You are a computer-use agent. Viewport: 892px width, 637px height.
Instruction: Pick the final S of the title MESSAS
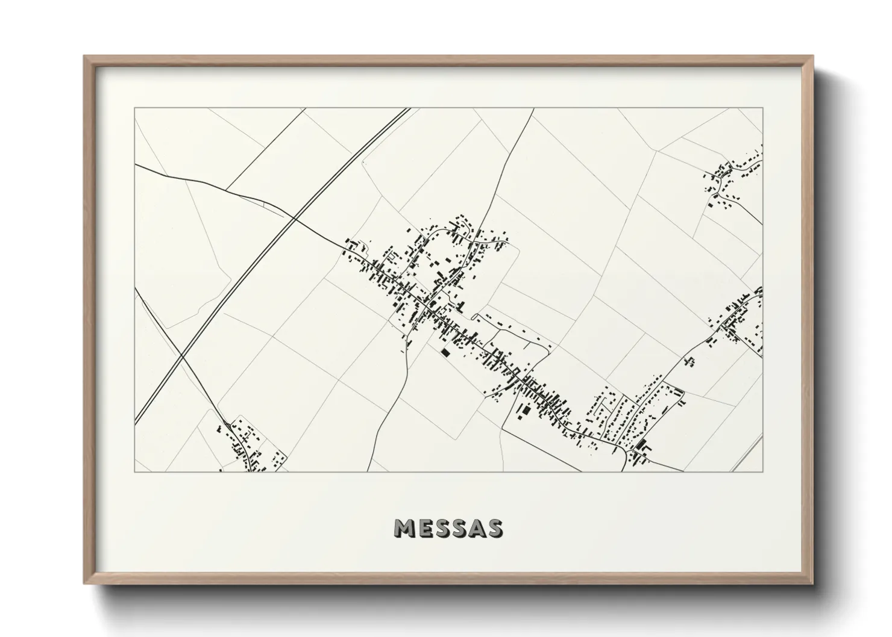[494, 528]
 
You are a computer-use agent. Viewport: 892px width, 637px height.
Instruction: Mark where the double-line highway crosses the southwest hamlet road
[183, 356]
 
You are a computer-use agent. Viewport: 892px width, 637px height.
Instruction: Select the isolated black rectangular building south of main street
[446, 353]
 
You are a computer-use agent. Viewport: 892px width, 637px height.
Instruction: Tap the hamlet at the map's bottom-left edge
[247, 446]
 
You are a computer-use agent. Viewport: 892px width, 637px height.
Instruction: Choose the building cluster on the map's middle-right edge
[738, 319]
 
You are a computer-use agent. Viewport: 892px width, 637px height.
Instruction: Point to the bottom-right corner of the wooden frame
[812, 583]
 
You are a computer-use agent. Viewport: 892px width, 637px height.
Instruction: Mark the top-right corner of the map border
[762, 108]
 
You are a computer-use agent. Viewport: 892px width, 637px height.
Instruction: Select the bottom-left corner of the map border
[135, 471]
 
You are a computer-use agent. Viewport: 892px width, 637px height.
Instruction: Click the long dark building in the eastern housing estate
[640, 445]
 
